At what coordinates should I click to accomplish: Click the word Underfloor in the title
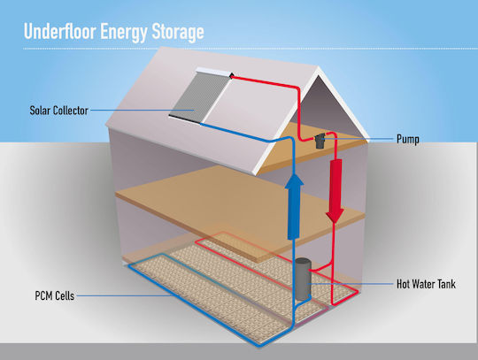click(x=60, y=31)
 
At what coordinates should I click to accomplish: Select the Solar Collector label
click(x=58, y=111)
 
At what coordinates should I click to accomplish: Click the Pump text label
click(x=408, y=139)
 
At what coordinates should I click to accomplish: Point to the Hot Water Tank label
click(x=426, y=284)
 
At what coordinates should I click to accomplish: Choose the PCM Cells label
click(x=55, y=295)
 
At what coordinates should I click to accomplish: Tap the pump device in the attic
click(x=320, y=141)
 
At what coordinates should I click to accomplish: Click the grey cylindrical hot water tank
click(x=304, y=279)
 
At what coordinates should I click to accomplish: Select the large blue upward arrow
click(x=294, y=206)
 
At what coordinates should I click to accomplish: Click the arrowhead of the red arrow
click(x=335, y=216)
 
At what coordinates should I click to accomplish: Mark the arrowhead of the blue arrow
click(x=294, y=180)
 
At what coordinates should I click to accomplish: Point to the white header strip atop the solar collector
click(x=214, y=72)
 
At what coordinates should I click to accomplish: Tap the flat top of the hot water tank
click(x=304, y=261)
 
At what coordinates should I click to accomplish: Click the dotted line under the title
click(x=251, y=49)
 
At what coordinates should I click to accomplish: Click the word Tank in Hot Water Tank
click(x=447, y=284)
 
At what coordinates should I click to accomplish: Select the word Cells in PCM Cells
click(x=64, y=295)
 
